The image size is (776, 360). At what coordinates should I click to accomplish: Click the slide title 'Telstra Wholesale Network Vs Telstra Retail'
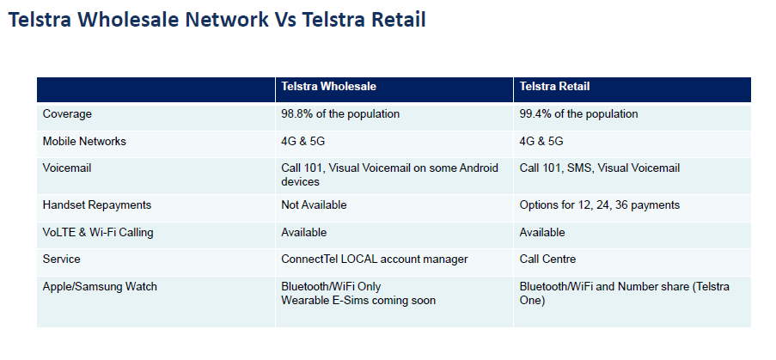(217, 21)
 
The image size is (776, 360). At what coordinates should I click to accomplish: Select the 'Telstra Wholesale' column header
(328, 87)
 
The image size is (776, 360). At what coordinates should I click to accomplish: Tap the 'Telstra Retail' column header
(554, 87)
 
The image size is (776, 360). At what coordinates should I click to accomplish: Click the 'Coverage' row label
(67, 114)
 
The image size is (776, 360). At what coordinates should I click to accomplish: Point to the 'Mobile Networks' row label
(84, 142)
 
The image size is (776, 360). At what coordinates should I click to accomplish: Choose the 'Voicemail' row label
(67, 168)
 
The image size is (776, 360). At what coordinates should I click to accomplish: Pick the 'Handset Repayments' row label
(97, 204)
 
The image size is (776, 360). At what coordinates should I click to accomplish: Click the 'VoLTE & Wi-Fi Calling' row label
(98, 233)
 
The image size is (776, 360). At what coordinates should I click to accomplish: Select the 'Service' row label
(61, 259)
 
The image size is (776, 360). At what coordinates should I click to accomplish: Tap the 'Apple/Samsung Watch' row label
(100, 287)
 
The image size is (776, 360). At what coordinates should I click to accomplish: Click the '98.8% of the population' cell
(340, 114)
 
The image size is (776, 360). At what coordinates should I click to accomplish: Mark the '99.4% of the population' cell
(578, 114)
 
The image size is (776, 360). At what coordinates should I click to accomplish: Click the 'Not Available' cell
(314, 204)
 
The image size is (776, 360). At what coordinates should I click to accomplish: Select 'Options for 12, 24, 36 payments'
(599, 204)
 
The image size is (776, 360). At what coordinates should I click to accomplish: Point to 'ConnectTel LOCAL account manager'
(374, 259)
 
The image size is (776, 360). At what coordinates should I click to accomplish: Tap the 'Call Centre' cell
(547, 259)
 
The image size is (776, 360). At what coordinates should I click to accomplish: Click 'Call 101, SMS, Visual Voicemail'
(599, 168)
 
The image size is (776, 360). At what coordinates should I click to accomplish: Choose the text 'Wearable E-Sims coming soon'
(358, 300)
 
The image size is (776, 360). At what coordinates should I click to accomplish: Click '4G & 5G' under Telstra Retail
(541, 142)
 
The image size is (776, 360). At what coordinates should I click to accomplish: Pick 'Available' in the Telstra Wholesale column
(304, 233)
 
